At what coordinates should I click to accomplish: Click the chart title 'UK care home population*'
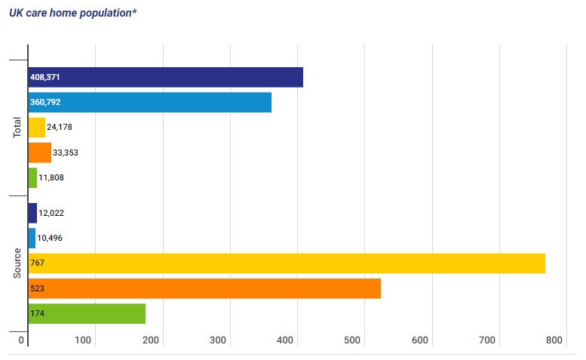click(x=73, y=14)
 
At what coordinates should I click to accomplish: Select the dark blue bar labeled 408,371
click(x=166, y=77)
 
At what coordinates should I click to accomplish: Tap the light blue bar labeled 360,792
click(x=150, y=102)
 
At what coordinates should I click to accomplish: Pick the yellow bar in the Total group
click(x=36, y=128)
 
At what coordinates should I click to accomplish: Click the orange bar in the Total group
click(x=39, y=152)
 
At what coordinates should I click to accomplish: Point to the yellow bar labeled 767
click(x=287, y=263)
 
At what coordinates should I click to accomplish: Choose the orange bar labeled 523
click(x=204, y=288)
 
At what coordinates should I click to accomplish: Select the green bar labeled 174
click(x=87, y=313)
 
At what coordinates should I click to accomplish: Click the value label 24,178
click(x=60, y=128)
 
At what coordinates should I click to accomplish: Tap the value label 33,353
click(x=66, y=152)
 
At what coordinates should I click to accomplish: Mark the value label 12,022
click(x=51, y=214)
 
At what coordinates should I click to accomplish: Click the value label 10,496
click(x=50, y=238)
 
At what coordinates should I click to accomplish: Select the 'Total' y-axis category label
click(x=17, y=127)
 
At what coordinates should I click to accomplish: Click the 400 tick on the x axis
click(x=285, y=341)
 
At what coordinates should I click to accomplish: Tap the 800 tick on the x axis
click(x=554, y=341)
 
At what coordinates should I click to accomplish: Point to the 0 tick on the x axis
click(x=23, y=341)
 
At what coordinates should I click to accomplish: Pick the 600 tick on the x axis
click(x=420, y=341)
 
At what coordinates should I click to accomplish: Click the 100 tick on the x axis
click(x=83, y=341)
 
